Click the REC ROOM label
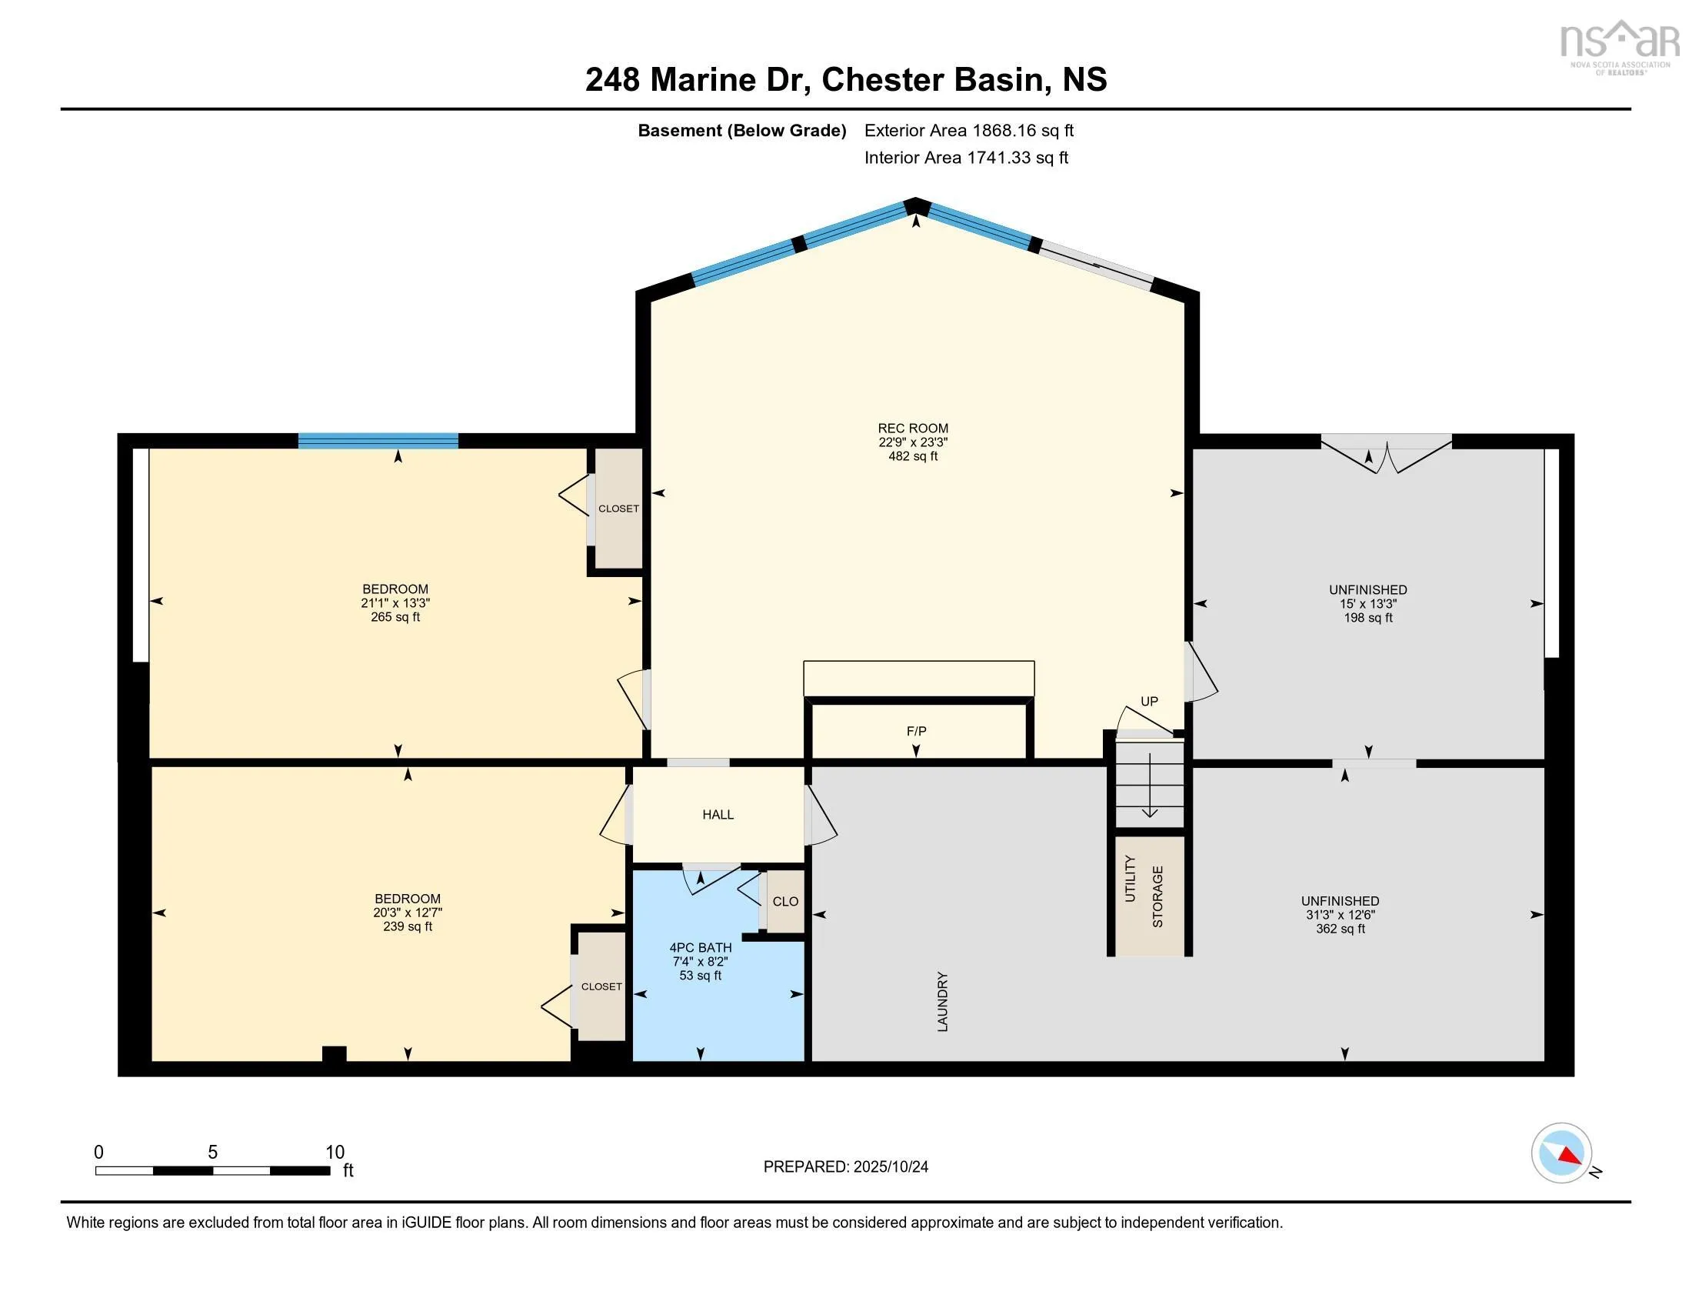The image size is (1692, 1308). pyautogui.click(x=913, y=428)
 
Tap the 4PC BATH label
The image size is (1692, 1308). pyautogui.click(x=701, y=947)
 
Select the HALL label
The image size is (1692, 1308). pyautogui.click(x=718, y=814)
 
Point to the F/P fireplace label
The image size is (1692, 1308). pyautogui.click(x=917, y=731)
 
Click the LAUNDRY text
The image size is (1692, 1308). pyautogui.click(x=943, y=1002)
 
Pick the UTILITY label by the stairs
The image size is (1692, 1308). pyautogui.click(x=1131, y=879)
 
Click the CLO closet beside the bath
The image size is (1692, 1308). pyautogui.click(x=785, y=901)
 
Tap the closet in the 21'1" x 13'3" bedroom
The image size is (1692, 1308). pyautogui.click(x=618, y=509)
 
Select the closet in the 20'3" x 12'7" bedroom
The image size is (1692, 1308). pyautogui.click(x=602, y=986)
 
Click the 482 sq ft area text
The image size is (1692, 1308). pyautogui.click(x=913, y=456)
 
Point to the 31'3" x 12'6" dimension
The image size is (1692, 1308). pyautogui.click(x=1341, y=915)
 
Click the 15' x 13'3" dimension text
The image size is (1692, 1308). pyautogui.click(x=1368, y=604)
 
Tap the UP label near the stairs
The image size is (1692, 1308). pyautogui.click(x=1149, y=701)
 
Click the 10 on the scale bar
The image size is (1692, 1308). pyautogui.click(x=335, y=1153)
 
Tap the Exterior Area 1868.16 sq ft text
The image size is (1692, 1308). pyautogui.click(x=969, y=130)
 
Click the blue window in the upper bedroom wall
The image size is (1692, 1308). pyautogui.click(x=378, y=441)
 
